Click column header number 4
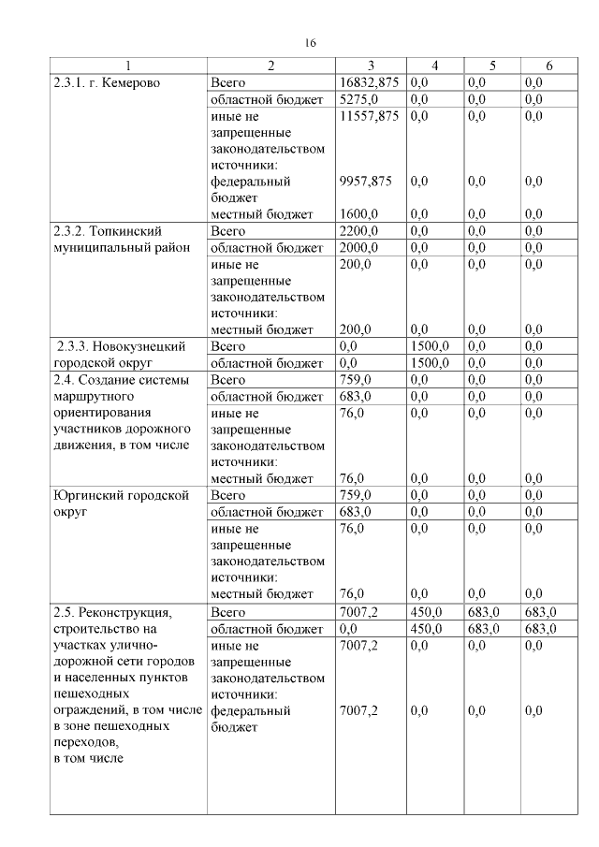point(435,66)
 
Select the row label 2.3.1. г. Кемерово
point(108,82)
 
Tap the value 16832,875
point(370,82)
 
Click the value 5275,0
point(358,98)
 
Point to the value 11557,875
point(370,115)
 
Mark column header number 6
point(549,66)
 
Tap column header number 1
point(128,66)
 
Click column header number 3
point(371,66)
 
